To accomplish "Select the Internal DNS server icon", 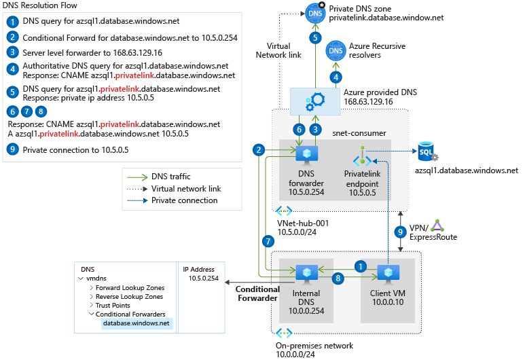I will tap(306, 274).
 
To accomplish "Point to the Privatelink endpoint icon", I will tap(362, 158).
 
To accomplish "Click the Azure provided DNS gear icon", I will tap(314, 101).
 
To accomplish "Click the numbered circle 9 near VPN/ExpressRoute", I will tap(400, 232).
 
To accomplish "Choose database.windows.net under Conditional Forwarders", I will tap(136, 323).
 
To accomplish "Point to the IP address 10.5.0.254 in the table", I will tap(202, 278).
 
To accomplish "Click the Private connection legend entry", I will tap(184, 200).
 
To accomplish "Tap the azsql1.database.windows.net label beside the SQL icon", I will tap(466, 170).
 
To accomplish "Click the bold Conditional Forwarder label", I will tap(257, 293).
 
